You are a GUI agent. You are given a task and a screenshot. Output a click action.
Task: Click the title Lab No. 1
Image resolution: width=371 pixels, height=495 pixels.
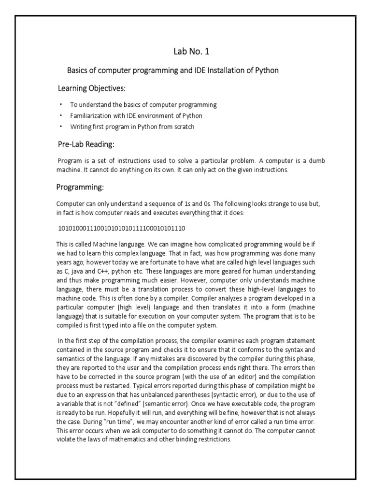click(x=192, y=51)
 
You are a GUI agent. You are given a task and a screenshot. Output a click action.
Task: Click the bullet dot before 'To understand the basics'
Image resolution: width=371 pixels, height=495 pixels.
click(x=61, y=104)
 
